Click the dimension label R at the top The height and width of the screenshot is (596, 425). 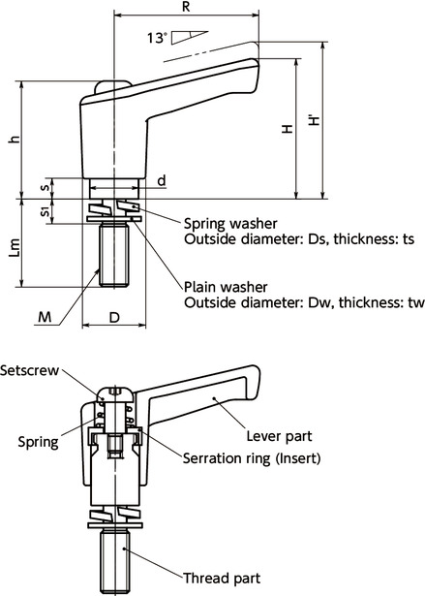(186, 7)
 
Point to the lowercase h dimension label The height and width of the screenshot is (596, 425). (13, 140)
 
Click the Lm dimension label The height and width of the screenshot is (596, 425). (13, 255)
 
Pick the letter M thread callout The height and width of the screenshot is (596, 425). (44, 316)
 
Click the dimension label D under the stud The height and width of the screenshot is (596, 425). (113, 317)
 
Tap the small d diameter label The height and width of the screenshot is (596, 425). (160, 181)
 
